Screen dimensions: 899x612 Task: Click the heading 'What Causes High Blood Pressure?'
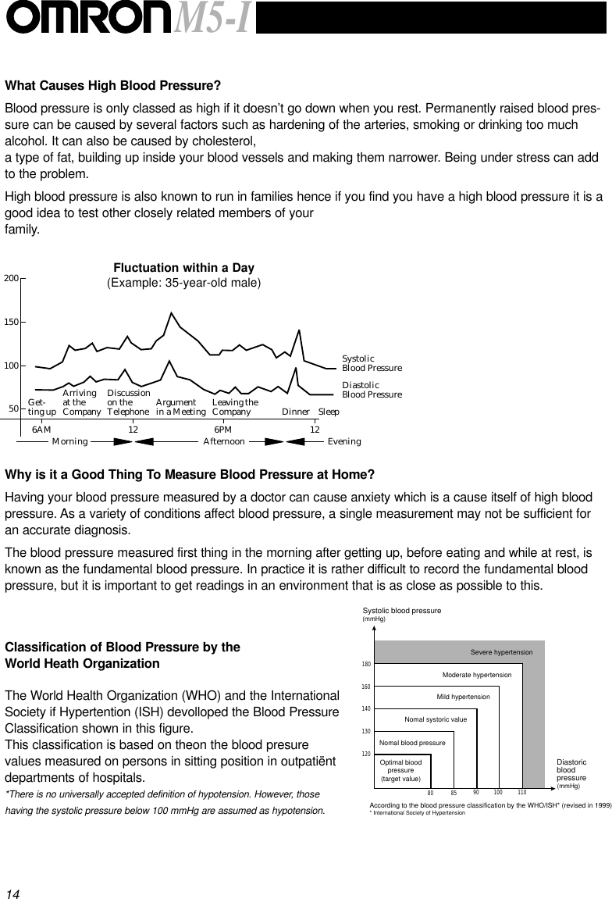113,85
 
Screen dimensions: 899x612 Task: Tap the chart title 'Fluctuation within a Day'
183,269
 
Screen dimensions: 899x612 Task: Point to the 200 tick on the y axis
11,278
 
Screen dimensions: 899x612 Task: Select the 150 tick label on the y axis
11,322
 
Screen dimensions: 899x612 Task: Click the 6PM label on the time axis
223,430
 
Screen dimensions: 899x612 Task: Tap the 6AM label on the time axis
41,430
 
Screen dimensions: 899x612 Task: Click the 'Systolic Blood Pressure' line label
372,363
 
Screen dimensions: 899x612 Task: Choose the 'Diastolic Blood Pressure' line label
372,390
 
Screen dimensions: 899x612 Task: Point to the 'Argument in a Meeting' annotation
180,407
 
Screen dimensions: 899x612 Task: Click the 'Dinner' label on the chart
296,412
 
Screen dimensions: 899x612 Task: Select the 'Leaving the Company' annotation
235,407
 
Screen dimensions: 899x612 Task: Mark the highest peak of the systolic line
171,313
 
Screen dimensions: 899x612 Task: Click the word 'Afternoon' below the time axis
224,441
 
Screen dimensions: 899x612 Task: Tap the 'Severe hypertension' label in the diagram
501,652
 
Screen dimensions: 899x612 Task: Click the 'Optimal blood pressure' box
400,771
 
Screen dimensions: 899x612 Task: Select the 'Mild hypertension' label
463,696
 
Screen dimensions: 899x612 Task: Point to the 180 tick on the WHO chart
365,664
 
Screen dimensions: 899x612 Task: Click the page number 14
12,892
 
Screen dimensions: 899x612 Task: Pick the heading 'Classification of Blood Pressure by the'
123,647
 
